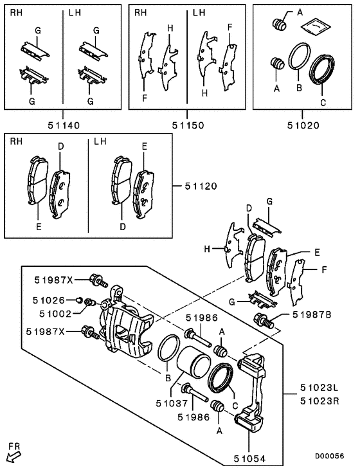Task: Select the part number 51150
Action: pos(187,126)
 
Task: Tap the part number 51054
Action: pos(250,459)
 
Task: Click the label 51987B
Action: pos(312,314)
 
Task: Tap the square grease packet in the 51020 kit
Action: pos(312,26)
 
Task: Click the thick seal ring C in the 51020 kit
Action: pos(322,69)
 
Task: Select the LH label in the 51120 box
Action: pos(100,141)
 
